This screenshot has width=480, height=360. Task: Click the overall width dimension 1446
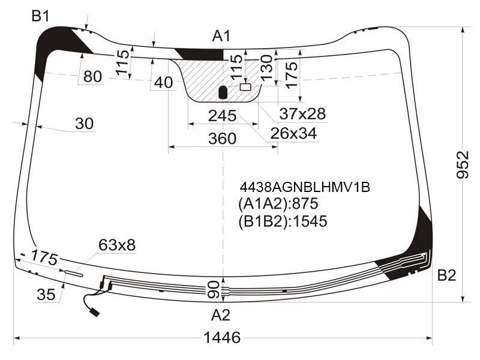(x=222, y=337)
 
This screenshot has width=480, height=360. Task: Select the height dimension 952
(x=463, y=164)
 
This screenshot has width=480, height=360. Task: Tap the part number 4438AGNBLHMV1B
(x=305, y=187)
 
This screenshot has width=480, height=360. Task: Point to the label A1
(x=221, y=36)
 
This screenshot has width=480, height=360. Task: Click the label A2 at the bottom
(x=220, y=314)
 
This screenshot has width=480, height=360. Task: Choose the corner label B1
(x=40, y=16)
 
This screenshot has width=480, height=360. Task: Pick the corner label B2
(x=446, y=275)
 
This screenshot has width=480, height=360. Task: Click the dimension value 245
(x=222, y=116)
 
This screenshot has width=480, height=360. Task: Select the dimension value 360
(x=222, y=139)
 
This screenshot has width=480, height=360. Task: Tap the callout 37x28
(x=302, y=113)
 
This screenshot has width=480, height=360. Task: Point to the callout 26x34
(x=293, y=133)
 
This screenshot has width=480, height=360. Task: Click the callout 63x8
(x=117, y=245)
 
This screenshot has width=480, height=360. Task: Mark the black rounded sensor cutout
(x=223, y=92)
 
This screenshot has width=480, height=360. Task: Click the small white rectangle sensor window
(x=245, y=87)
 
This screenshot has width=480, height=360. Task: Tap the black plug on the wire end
(x=95, y=313)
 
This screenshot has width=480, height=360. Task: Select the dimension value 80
(x=92, y=76)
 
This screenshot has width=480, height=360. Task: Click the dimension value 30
(x=84, y=124)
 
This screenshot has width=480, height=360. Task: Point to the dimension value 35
(x=46, y=295)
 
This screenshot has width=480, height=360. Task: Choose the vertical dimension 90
(x=214, y=290)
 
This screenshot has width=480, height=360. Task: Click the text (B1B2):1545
(x=283, y=221)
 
